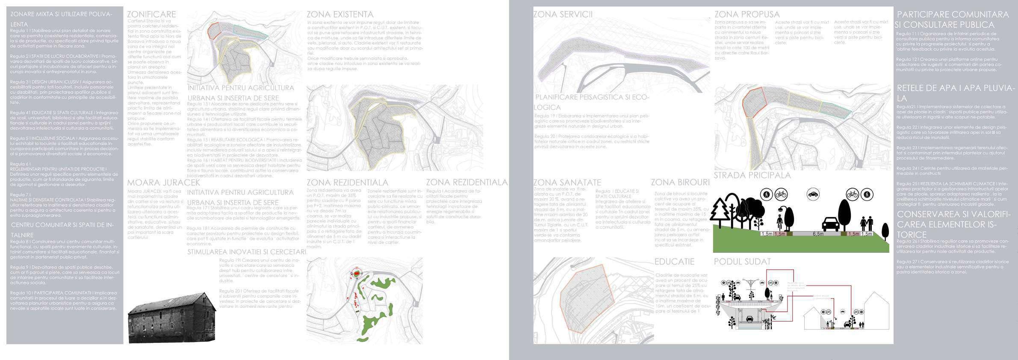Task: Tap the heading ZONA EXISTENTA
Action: pos(340,15)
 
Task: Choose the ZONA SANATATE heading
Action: pos(567,183)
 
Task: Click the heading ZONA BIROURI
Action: pos(680,183)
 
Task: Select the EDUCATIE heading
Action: pos(674,261)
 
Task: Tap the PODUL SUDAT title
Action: pos(742,261)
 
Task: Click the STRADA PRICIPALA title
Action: pos(752,175)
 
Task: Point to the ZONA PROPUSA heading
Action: pos(747,15)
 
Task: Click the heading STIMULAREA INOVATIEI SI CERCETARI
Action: pos(247,252)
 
